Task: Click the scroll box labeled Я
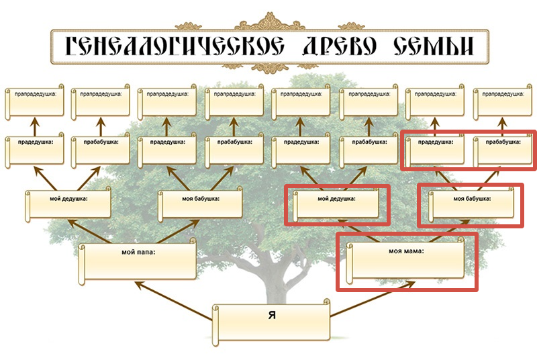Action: click(x=271, y=322)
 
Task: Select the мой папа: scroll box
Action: click(x=138, y=261)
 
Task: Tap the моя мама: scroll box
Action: click(x=405, y=261)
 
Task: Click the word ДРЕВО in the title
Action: click(x=340, y=46)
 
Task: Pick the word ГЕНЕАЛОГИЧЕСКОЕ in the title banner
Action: click(x=175, y=46)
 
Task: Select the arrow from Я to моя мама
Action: click(x=373, y=299)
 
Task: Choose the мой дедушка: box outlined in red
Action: click(x=336, y=205)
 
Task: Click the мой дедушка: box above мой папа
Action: click(x=68, y=205)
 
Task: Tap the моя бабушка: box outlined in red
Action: click(x=471, y=205)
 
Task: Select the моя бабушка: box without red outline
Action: click(x=200, y=205)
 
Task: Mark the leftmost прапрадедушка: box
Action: click(x=35, y=102)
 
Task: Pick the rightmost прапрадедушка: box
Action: click(x=502, y=102)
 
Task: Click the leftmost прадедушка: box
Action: click(x=35, y=150)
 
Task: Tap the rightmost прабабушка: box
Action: click(x=502, y=150)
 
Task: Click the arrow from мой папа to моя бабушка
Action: click(x=178, y=232)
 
